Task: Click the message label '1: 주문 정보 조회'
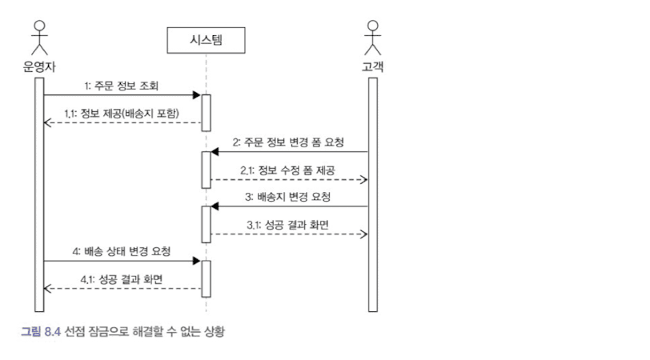click(x=120, y=85)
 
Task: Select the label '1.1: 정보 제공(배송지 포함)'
click(x=122, y=113)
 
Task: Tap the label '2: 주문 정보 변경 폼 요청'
click(x=288, y=142)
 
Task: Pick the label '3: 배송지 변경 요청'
click(x=288, y=197)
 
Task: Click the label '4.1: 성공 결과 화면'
click(x=120, y=279)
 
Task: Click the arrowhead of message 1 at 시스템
click(x=196, y=95)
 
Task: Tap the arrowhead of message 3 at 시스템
click(x=215, y=207)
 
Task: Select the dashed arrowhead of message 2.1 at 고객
click(x=364, y=180)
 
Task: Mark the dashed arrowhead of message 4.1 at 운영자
click(x=47, y=289)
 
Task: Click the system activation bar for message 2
click(x=206, y=166)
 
